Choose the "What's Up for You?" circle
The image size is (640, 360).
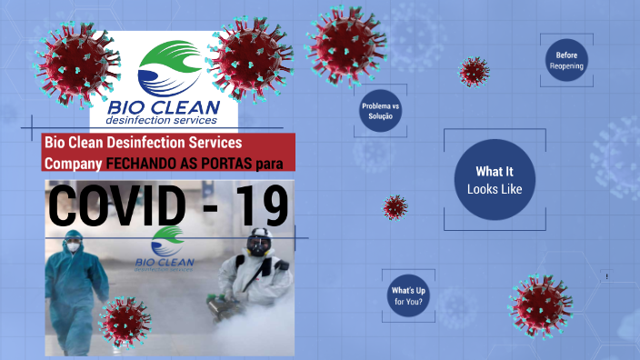(x=408, y=295)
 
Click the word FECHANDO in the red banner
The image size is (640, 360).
(x=142, y=164)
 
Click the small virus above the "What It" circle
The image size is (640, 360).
(x=473, y=71)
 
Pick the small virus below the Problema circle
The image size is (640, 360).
(x=395, y=207)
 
